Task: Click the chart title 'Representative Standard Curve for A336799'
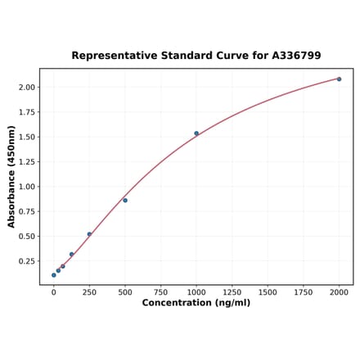click(x=196, y=56)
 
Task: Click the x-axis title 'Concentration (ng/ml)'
click(x=196, y=303)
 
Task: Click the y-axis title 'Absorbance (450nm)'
click(x=11, y=177)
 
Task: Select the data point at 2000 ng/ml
click(x=339, y=79)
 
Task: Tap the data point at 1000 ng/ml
click(x=196, y=133)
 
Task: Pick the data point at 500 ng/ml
click(x=125, y=201)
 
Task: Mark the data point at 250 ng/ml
click(x=89, y=234)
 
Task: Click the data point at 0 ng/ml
click(x=54, y=275)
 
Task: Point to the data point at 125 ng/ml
click(x=72, y=254)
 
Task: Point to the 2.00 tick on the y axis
click(x=26, y=87)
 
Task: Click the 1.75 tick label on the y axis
click(x=26, y=112)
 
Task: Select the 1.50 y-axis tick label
click(x=26, y=137)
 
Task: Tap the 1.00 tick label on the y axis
click(x=26, y=187)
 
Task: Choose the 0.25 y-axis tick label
click(x=26, y=261)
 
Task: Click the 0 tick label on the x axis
click(x=54, y=291)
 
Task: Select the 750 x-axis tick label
click(x=160, y=291)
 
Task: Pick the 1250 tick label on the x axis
click(x=232, y=291)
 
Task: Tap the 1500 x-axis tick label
click(x=268, y=291)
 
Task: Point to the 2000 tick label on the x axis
click(x=339, y=291)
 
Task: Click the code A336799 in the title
click(x=291, y=56)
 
